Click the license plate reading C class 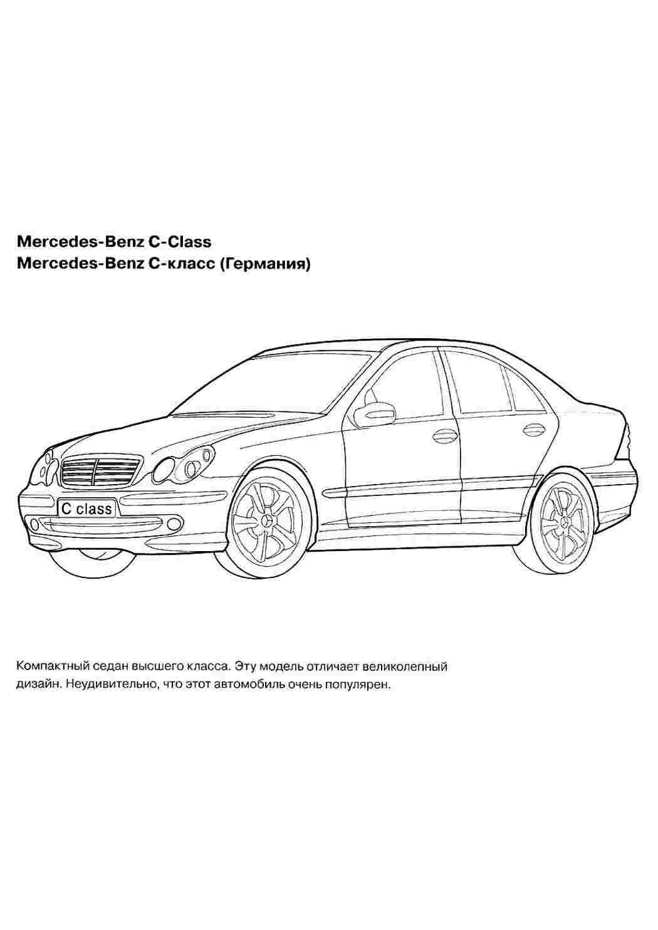coord(86,508)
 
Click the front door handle coord(444,435)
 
